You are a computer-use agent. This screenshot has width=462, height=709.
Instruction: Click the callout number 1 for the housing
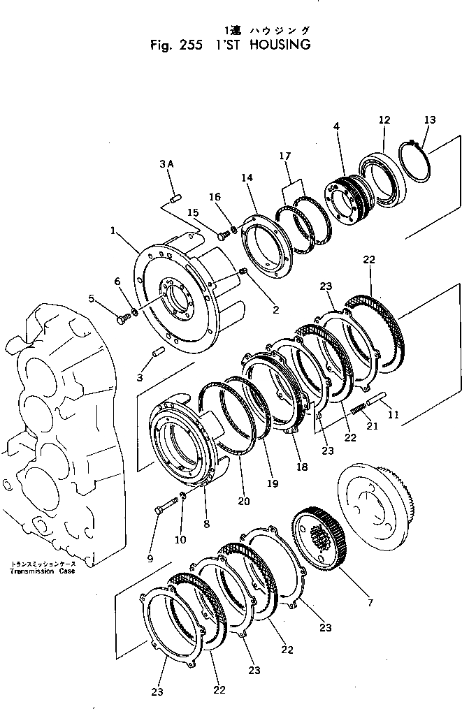coord(113,229)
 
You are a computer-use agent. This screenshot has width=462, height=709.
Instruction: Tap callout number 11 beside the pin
coord(394,415)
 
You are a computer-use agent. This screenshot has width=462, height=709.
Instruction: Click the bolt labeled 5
coord(122,319)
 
